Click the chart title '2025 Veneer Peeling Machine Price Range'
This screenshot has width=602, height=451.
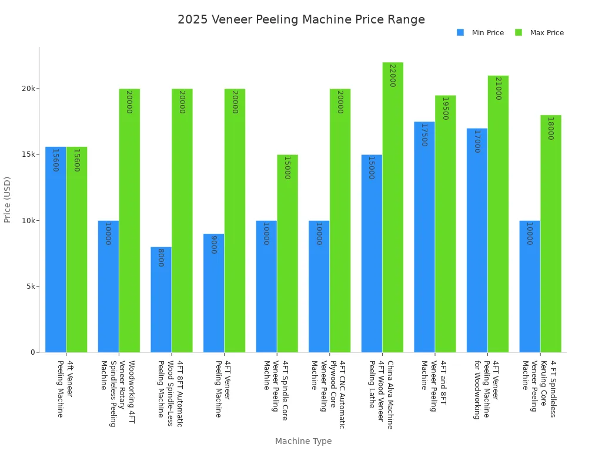tap(301, 20)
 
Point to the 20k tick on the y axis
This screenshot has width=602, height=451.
tap(30, 89)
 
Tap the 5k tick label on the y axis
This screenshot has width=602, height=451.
tap(30, 287)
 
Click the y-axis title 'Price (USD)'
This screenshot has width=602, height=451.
tap(8, 200)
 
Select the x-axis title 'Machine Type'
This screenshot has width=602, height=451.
tap(303, 441)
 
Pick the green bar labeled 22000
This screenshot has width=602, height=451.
tap(393, 207)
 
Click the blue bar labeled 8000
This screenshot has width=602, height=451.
tap(161, 299)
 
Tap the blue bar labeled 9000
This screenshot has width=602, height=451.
tap(213, 293)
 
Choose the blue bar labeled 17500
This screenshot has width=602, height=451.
tap(424, 237)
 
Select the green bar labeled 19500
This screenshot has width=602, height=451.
tap(445, 224)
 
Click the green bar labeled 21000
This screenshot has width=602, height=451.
tap(498, 214)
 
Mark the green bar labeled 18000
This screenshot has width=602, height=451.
tap(551, 234)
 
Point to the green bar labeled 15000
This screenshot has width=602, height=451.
tap(287, 253)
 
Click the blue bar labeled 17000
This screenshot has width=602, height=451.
tap(477, 240)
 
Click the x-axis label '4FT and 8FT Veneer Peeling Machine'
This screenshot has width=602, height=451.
tap(433, 386)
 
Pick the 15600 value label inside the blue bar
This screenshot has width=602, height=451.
tap(55, 160)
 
